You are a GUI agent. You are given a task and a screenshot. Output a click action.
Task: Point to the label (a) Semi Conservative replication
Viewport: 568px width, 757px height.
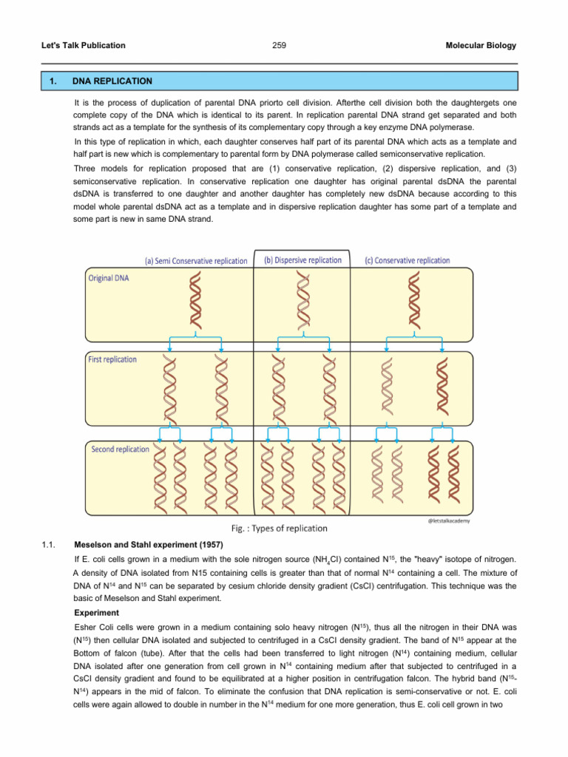196,261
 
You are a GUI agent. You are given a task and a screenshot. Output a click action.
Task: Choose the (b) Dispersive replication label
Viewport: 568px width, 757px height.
302,260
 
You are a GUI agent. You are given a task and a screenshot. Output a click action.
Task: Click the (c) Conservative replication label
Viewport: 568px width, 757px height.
407,260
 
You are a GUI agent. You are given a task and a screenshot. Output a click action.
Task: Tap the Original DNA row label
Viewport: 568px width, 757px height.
108,278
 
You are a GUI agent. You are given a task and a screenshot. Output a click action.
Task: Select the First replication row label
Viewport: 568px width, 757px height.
112,359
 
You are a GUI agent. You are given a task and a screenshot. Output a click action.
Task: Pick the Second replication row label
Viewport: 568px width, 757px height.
120,449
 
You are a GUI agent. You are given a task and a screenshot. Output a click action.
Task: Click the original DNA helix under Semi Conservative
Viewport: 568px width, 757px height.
196,299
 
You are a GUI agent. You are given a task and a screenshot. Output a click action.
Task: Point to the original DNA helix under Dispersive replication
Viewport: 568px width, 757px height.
302,299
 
